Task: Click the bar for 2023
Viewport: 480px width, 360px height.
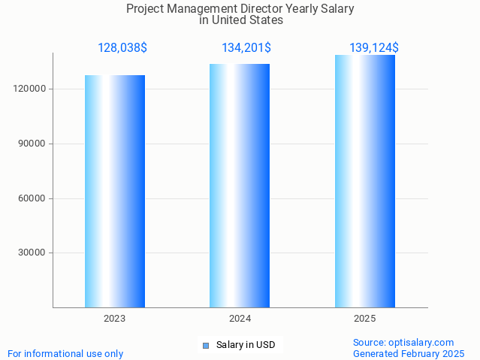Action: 115,191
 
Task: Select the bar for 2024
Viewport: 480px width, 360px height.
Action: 240,186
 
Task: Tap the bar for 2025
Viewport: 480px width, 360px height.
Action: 365,181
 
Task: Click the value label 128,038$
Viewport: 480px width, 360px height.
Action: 122,48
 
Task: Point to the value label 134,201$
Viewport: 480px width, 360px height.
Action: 246,48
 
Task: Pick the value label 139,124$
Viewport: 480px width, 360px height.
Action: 374,48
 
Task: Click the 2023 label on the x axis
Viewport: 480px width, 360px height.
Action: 115,319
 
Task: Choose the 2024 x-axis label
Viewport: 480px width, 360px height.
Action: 240,319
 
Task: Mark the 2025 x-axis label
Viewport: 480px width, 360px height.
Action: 365,319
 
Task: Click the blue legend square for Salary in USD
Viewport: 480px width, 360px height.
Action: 205,345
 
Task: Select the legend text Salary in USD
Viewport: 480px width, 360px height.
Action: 246,345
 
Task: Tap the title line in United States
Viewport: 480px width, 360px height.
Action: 240,20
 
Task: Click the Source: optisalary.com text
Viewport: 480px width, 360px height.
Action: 403,342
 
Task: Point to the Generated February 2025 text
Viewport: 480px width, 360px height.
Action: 409,353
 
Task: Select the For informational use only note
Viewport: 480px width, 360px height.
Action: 65,353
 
